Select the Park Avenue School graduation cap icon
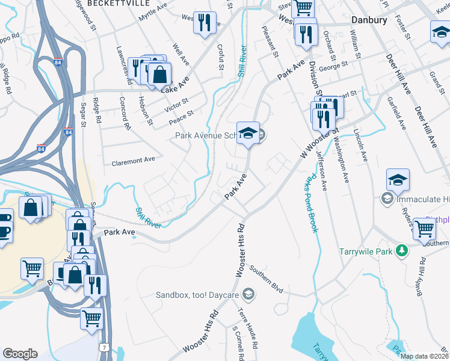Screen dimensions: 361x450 [x=247, y=134]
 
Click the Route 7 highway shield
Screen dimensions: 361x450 [x=105, y=347]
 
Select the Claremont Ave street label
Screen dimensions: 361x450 [x=134, y=161]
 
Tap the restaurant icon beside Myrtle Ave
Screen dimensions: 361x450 [x=205, y=23]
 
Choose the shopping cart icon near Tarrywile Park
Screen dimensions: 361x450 [x=425, y=229]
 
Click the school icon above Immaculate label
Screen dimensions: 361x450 [x=398, y=179]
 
